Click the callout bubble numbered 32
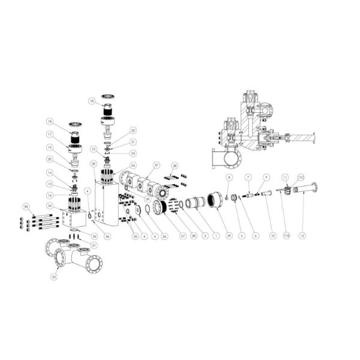[x=54, y=277]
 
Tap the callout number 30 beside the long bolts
[x=25, y=206]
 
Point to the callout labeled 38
[x=175, y=165]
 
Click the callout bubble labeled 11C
[x=301, y=178]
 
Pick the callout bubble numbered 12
[x=302, y=236]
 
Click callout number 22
[x=133, y=130]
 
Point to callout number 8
[x=229, y=178]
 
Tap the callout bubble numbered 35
[x=93, y=164]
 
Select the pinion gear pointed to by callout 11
[x=288, y=190]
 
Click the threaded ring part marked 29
[x=215, y=199]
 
